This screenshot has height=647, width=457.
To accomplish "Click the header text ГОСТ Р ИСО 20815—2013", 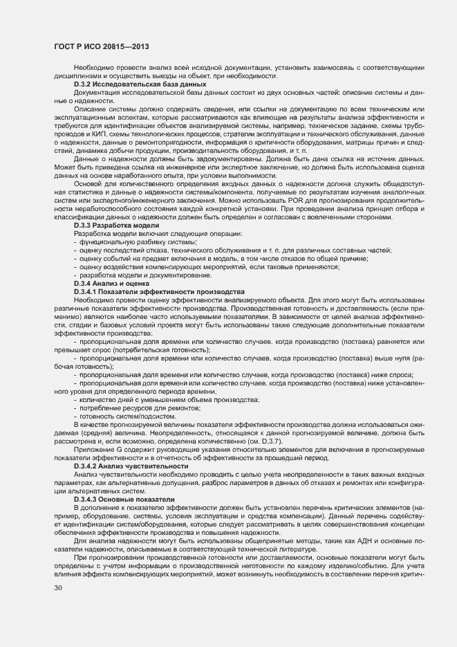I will (101, 46).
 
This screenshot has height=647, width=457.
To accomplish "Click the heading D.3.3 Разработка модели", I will (116, 226).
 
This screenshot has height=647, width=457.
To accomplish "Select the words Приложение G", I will (100, 449).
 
